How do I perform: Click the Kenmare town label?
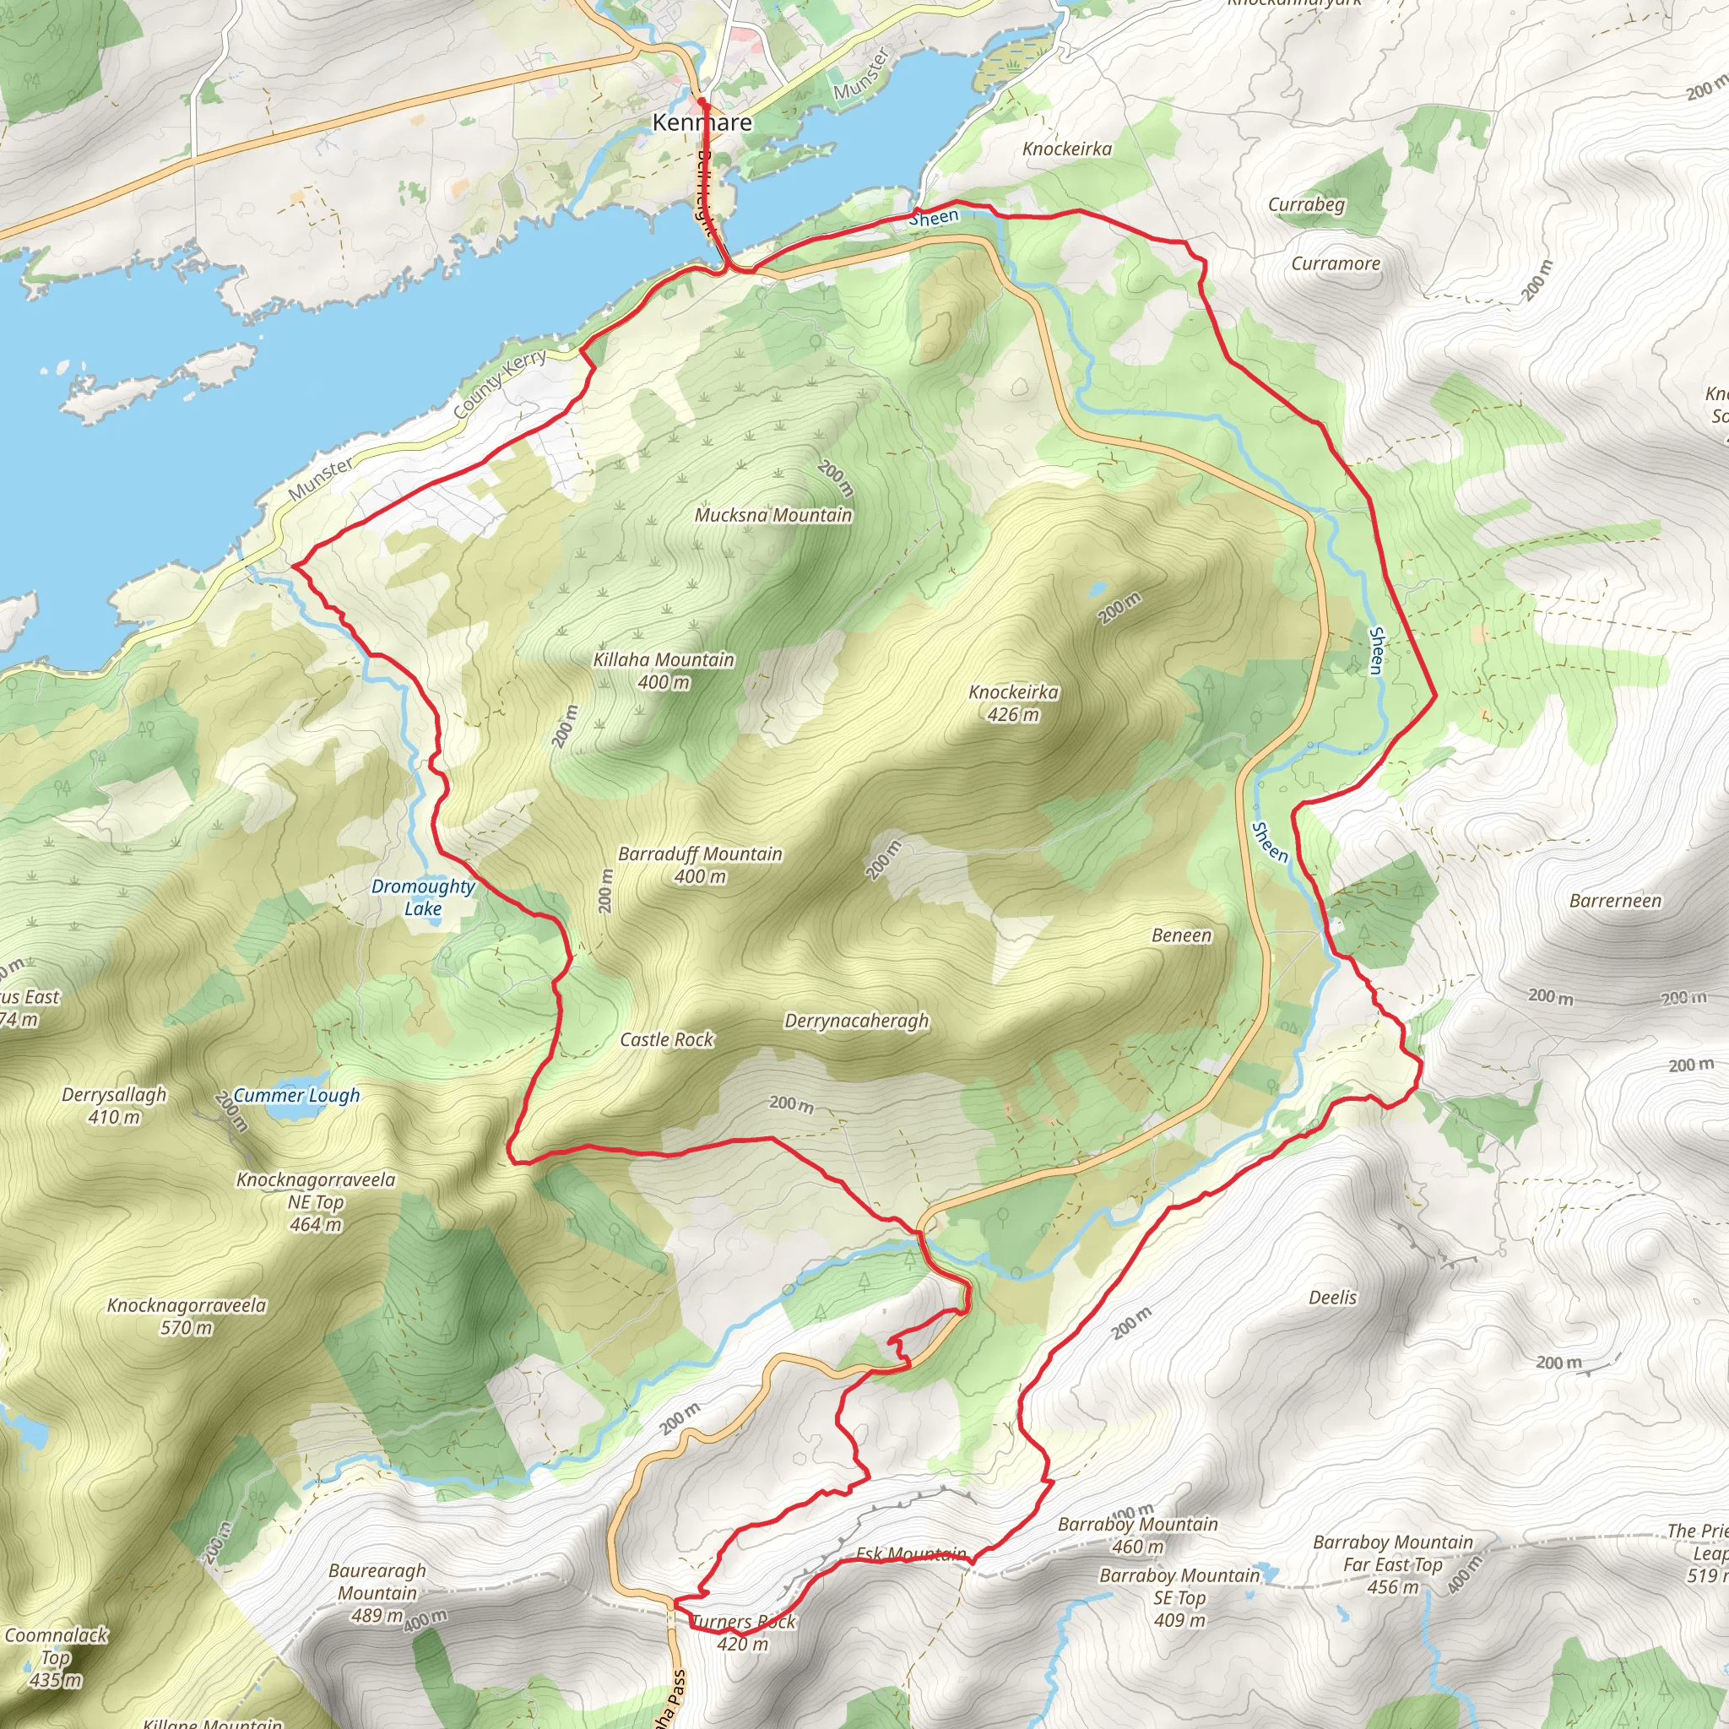702,122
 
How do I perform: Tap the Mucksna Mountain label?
773,515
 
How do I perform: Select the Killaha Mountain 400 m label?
663,670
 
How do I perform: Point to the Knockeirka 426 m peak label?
1013,702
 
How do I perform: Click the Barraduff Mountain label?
700,864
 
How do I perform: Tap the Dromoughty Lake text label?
422,897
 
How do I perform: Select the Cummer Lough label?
296,1095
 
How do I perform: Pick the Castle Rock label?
667,1040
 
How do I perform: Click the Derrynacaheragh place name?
856,1022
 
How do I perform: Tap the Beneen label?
1181,935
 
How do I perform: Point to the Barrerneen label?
1615,901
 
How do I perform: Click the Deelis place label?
1332,1298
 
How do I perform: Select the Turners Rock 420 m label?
744,1633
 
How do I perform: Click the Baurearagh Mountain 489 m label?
377,1593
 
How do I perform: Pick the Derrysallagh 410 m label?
114,1105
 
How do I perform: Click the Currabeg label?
1306,204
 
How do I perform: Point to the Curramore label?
1336,263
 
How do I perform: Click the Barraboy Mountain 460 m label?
1137,1535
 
